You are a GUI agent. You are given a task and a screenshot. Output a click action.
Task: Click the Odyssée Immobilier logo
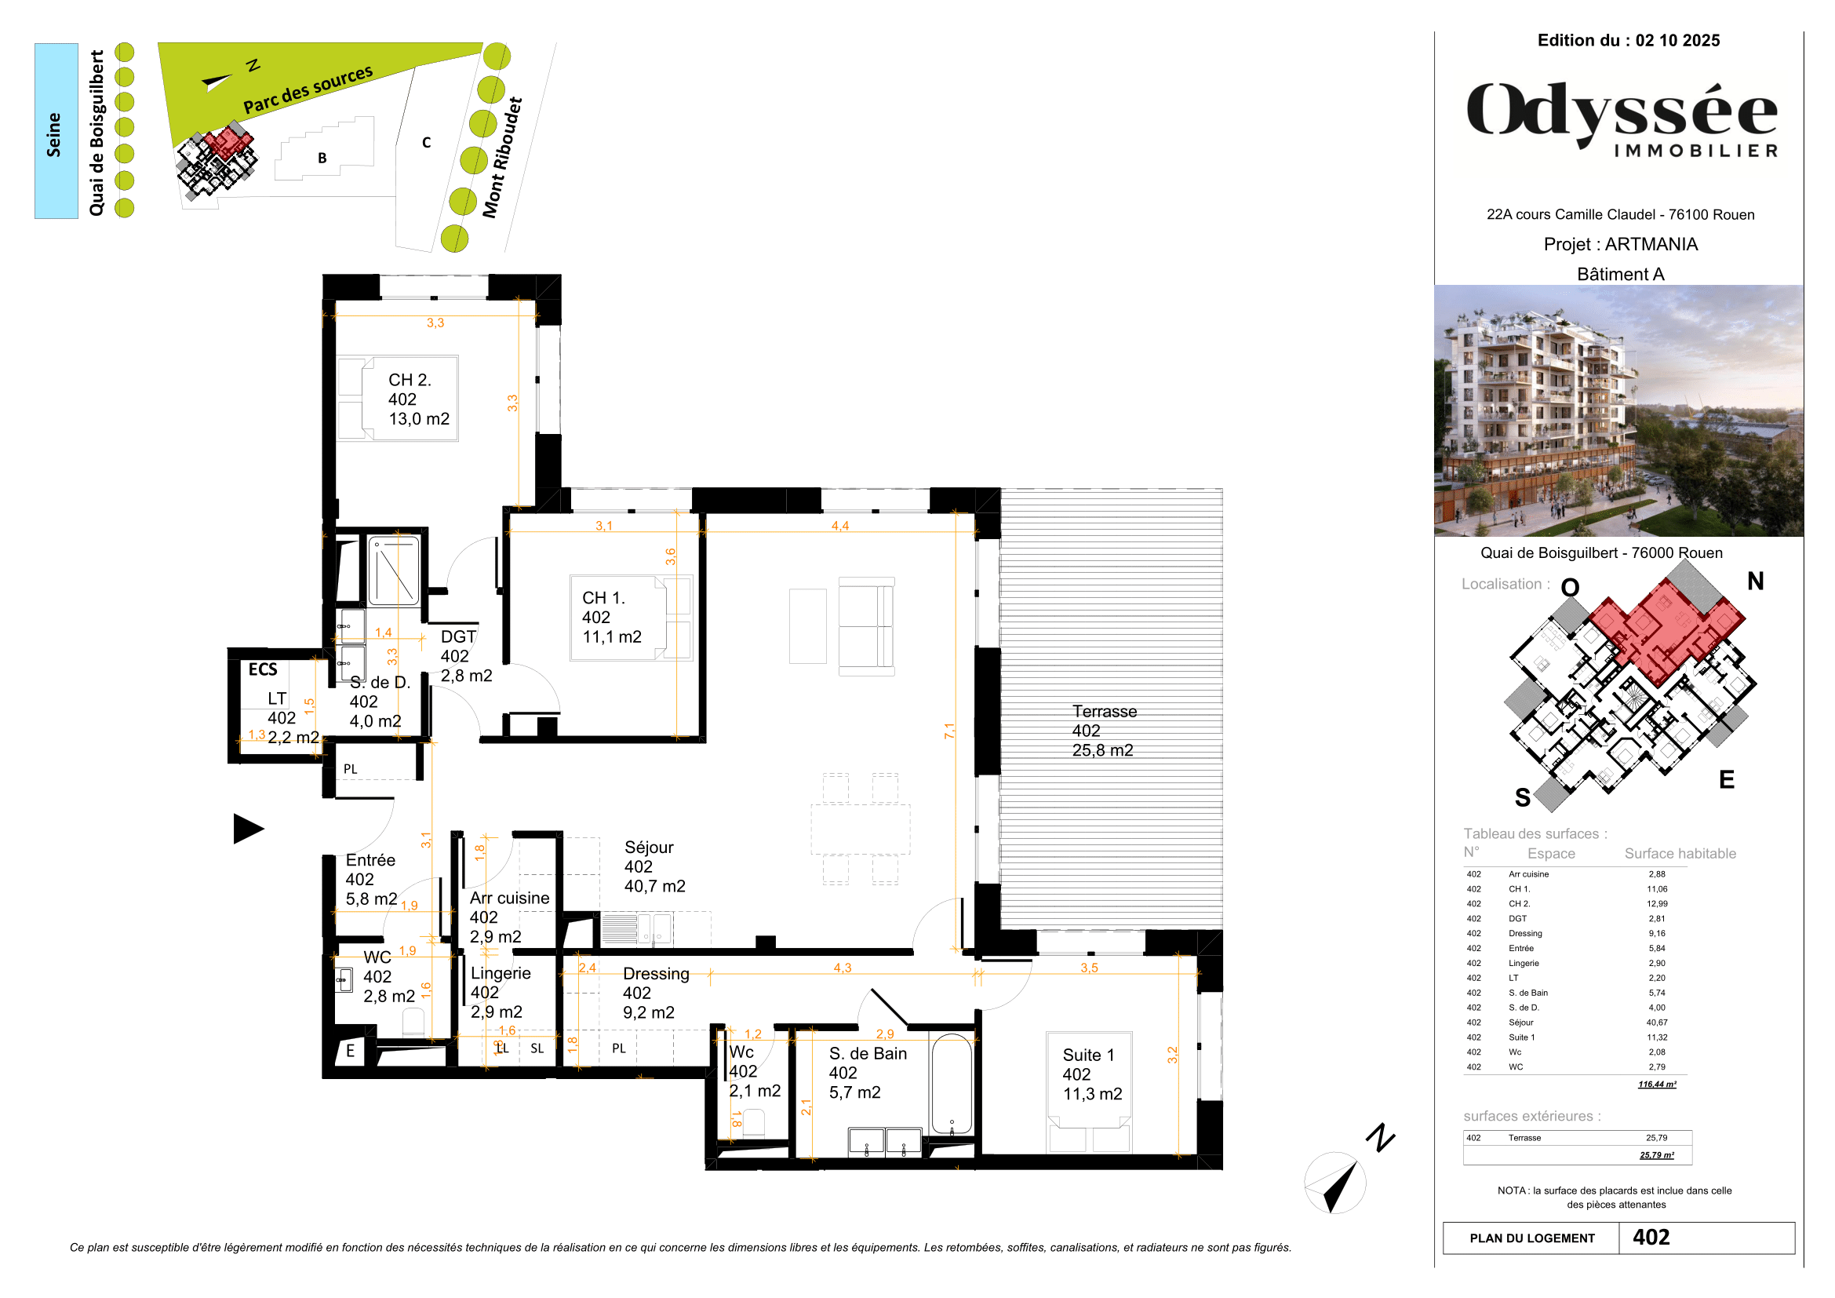coord(1622,118)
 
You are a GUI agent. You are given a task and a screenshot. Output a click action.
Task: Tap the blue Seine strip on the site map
coord(56,131)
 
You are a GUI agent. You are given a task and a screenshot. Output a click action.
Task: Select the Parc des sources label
coord(308,89)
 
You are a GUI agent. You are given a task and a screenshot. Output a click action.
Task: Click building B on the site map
coord(322,158)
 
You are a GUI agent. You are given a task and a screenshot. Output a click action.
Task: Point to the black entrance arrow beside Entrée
coord(248,828)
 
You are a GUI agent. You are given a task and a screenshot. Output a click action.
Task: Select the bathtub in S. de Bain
coord(951,1084)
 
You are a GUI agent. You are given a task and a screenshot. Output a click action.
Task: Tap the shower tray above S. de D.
coord(394,570)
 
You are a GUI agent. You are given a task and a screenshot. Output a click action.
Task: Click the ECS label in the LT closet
coord(263,669)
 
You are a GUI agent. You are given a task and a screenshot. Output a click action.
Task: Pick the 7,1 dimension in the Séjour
coord(949,731)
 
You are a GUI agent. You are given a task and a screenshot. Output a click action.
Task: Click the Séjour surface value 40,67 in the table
coord(1656,1023)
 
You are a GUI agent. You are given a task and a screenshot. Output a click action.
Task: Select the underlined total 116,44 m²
coord(1657,1085)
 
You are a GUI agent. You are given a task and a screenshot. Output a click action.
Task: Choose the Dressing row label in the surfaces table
coord(1525,934)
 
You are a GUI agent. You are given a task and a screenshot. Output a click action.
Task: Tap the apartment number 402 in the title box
coord(1651,1238)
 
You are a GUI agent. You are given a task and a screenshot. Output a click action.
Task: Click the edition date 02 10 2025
coord(1677,41)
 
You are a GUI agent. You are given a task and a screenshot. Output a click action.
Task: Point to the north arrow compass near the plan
coord(1335,1183)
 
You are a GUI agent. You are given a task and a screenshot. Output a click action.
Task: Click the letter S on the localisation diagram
coord(1523,797)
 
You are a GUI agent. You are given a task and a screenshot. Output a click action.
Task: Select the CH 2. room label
coord(410,381)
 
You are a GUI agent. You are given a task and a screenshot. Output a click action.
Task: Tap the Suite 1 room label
coord(1087,1055)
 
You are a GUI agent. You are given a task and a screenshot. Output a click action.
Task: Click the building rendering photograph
coord(1618,410)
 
